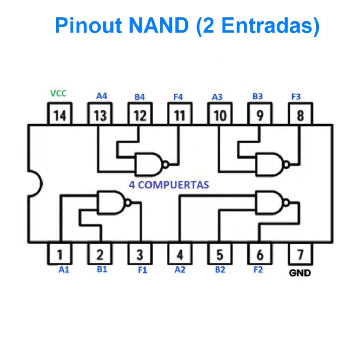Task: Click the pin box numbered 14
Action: (x=60, y=114)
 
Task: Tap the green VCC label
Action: (x=58, y=94)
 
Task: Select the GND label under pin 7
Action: (x=300, y=273)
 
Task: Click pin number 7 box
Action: (x=300, y=254)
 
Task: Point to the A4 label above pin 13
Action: (x=101, y=96)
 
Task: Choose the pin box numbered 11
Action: (x=180, y=114)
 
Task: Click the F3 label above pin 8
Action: (x=296, y=97)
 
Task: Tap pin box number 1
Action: (x=60, y=254)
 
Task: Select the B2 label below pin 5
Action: (x=220, y=270)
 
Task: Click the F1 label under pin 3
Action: (x=142, y=270)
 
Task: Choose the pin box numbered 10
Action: (x=220, y=114)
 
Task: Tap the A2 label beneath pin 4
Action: (x=180, y=270)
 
